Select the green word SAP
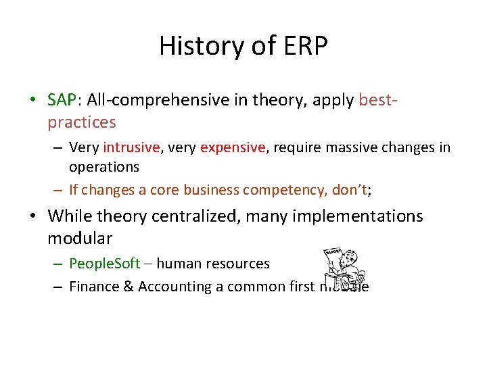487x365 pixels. pyautogui.click(x=62, y=100)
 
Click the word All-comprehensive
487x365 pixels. pyautogui.click(x=143, y=100)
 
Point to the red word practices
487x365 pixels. pyautogui.click(x=81, y=122)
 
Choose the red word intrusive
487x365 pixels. pyautogui.click(x=131, y=147)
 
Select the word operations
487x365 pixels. pyautogui.click(x=103, y=166)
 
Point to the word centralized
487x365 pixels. pyautogui.click(x=185, y=216)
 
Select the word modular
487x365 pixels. pyautogui.click(x=80, y=239)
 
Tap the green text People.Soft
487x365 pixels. pyautogui.click(x=101, y=264)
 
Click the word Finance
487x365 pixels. pyautogui.click(x=95, y=287)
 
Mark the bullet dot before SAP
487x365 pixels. pyautogui.click(x=33, y=101)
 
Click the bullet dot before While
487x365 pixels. pyautogui.click(x=33, y=217)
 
